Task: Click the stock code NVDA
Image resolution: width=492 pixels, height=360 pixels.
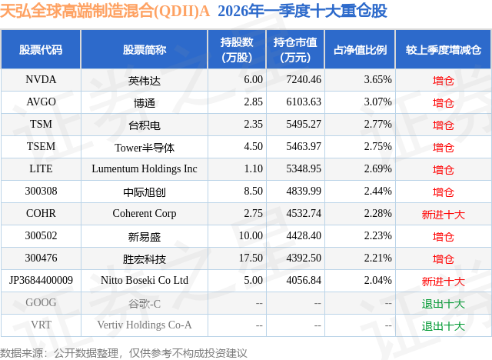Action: (x=42, y=79)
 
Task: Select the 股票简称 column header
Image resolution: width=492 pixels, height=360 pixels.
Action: (x=145, y=50)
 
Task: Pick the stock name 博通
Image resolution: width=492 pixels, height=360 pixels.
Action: (x=145, y=102)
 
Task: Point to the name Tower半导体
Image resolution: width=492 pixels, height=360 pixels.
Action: (x=145, y=147)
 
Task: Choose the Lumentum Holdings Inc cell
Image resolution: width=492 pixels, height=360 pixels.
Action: (x=145, y=169)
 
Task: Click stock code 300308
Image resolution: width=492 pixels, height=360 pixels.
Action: (x=42, y=192)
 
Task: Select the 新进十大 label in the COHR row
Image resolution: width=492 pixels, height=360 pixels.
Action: (x=444, y=215)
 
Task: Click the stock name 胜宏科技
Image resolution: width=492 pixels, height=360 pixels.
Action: (x=145, y=259)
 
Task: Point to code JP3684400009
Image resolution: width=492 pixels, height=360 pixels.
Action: (x=42, y=281)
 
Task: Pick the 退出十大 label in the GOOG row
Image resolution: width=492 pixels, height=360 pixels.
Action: (x=444, y=304)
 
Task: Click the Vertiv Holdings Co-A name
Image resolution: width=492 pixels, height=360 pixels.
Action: (x=145, y=325)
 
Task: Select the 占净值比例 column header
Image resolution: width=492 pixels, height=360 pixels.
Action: (x=360, y=50)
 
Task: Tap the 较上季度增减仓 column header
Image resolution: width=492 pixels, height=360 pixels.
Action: (x=444, y=50)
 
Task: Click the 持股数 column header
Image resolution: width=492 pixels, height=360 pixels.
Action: (x=237, y=50)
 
